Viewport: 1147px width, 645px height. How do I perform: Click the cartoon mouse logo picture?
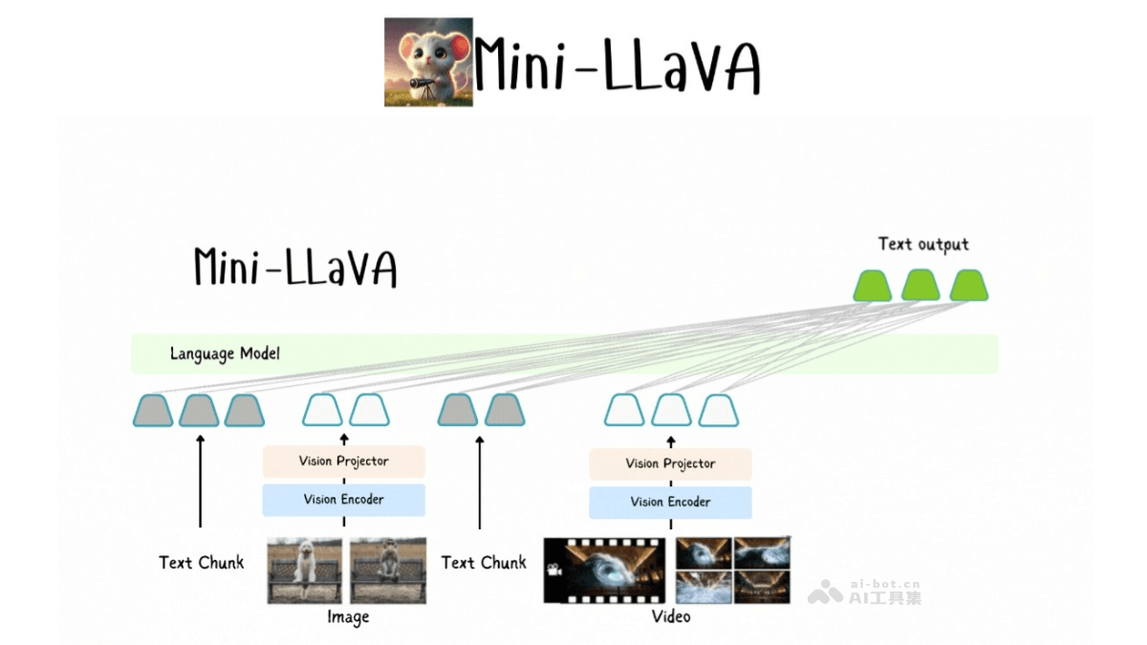point(428,62)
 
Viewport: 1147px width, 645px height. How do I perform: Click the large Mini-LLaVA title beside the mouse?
point(617,65)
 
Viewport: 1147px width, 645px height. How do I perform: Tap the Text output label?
point(923,245)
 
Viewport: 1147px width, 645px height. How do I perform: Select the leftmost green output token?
point(872,286)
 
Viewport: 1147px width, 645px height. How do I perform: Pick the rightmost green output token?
point(968,286)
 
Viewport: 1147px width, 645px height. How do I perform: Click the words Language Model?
point(225,354)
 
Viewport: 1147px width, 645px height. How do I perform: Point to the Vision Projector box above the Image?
point(344,462)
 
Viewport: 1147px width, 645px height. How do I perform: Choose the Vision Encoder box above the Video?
point(670,503)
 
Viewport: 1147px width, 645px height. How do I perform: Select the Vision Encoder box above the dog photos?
point(344,500)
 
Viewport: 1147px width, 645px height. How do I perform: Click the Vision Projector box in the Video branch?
point(670,463)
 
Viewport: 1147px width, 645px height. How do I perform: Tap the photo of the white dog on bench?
point(304,570)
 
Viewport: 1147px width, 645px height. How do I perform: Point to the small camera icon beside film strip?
point(553,570)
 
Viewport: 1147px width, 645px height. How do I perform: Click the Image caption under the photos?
point(348,617)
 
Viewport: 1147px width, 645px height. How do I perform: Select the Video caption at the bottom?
point(671,616)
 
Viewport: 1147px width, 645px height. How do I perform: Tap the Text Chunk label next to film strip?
point(484,563)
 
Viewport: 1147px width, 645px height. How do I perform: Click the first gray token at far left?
point(153,411)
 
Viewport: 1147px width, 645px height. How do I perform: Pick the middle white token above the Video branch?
point(671,411)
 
